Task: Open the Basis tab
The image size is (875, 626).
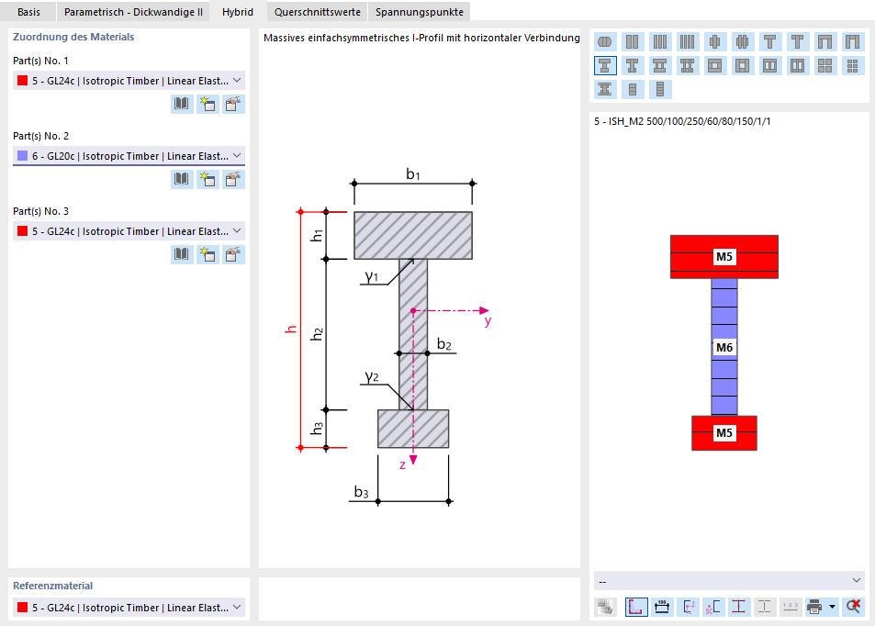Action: [x=28, y=12]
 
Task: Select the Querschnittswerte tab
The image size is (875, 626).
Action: [x=317, y=12]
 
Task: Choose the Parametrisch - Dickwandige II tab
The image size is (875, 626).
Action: [x=133, y=12]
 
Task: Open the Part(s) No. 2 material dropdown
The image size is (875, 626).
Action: [x=129, y=156]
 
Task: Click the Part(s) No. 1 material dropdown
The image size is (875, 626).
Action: [x=129, y=81]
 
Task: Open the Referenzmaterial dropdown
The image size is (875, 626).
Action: [x=129, y=608]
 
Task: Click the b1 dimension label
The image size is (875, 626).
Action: [x=413, y=174]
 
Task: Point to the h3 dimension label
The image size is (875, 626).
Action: [x=317, y=428]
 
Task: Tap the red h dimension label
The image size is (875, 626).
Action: [x=291, y=330]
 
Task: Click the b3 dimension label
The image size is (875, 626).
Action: [x=362, y=492]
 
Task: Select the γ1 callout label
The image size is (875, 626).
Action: [x=372, y=276]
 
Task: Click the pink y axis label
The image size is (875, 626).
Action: [x=488, y=322]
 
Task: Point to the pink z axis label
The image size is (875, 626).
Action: [x=402, y=464]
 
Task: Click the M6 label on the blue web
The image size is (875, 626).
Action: [x=724, y=347]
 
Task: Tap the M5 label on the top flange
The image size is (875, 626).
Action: [x=724, y=257]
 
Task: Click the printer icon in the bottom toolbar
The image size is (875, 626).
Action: [x=813, y=607]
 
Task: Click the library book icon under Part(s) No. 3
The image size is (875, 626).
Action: [x=182, y=254]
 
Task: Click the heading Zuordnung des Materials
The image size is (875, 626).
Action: [x=73, y=38]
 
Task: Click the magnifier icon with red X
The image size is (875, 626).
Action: [x=853, y=607]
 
